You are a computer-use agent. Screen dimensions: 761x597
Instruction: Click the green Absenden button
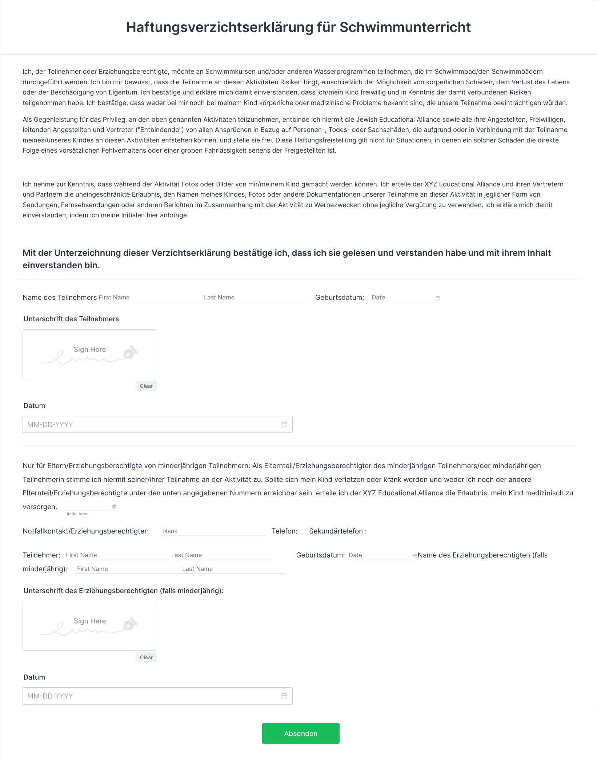click(x=300, y=733)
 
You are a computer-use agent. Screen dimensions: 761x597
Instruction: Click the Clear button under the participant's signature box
click(x=146, y=386)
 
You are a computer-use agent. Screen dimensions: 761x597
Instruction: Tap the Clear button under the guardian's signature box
click(x=146, y=657)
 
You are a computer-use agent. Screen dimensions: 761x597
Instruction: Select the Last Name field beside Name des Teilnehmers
click(x=255, y=298)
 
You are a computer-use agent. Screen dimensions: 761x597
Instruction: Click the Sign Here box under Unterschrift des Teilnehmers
click(x=90, y=354)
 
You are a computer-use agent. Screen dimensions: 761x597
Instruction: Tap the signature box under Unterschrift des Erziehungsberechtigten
click(x=90, y=625)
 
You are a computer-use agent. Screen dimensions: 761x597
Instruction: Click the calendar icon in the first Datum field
click(x=284, y=424)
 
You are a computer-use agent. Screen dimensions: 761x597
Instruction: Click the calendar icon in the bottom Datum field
click(x=284, y=696)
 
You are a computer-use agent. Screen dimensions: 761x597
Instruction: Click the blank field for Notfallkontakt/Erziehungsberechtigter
click(x=213, y=531)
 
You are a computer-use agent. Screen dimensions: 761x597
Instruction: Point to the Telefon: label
click(x=284, y=531)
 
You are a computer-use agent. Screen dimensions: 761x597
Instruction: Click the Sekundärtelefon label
click(x=337, y=531)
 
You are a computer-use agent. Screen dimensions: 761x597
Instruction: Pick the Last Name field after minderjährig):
click(x=233, y=569)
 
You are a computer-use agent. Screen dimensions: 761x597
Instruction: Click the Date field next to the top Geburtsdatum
click(x=402, y=298)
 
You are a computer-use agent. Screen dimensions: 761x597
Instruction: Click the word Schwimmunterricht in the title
click(x=405, y=27)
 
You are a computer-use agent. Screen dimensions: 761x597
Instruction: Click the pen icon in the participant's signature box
click(x=130, y=352)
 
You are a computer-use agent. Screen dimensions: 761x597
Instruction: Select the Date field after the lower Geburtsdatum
click(x=379, y=555)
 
